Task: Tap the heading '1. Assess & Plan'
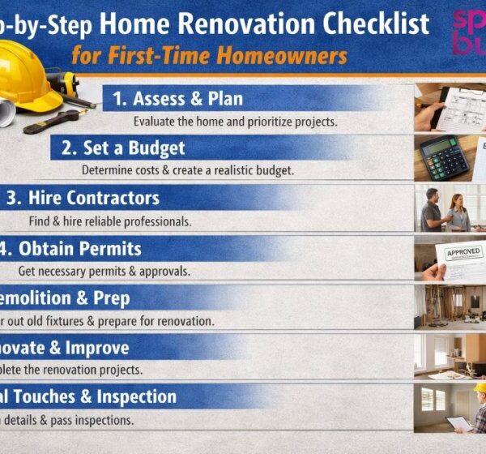tap(177, 100)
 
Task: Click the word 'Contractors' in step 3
tap(113, 198)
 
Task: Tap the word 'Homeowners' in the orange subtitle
tap(288, 57)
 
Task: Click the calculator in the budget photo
tap(445, 156)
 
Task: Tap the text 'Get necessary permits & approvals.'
tap(100, 270)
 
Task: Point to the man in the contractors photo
tap(431, 211)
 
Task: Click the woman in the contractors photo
tap(458, 214)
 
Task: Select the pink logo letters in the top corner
tap(469, 32)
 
